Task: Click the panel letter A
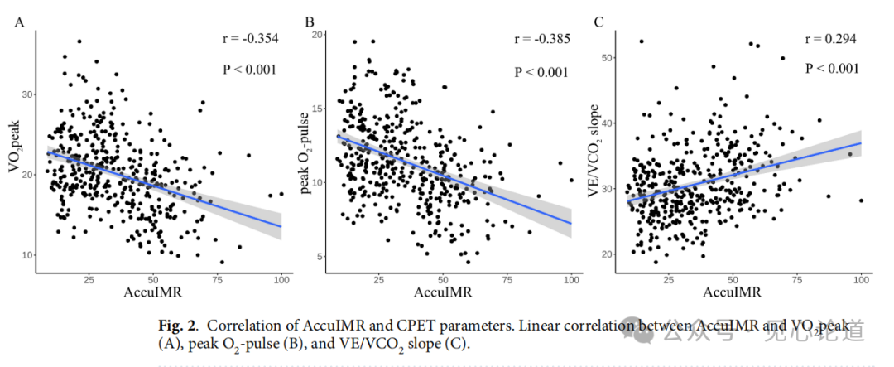pyautogui.click(x=18, y=22)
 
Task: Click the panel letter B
pyautogui.click(x=310, y=22)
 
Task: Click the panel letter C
pyautogui.click(x=598, y=22)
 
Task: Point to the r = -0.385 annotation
pyautogui.click(x=541, y=39)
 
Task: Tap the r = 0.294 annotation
pyautogui.click(x=829, y=39)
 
